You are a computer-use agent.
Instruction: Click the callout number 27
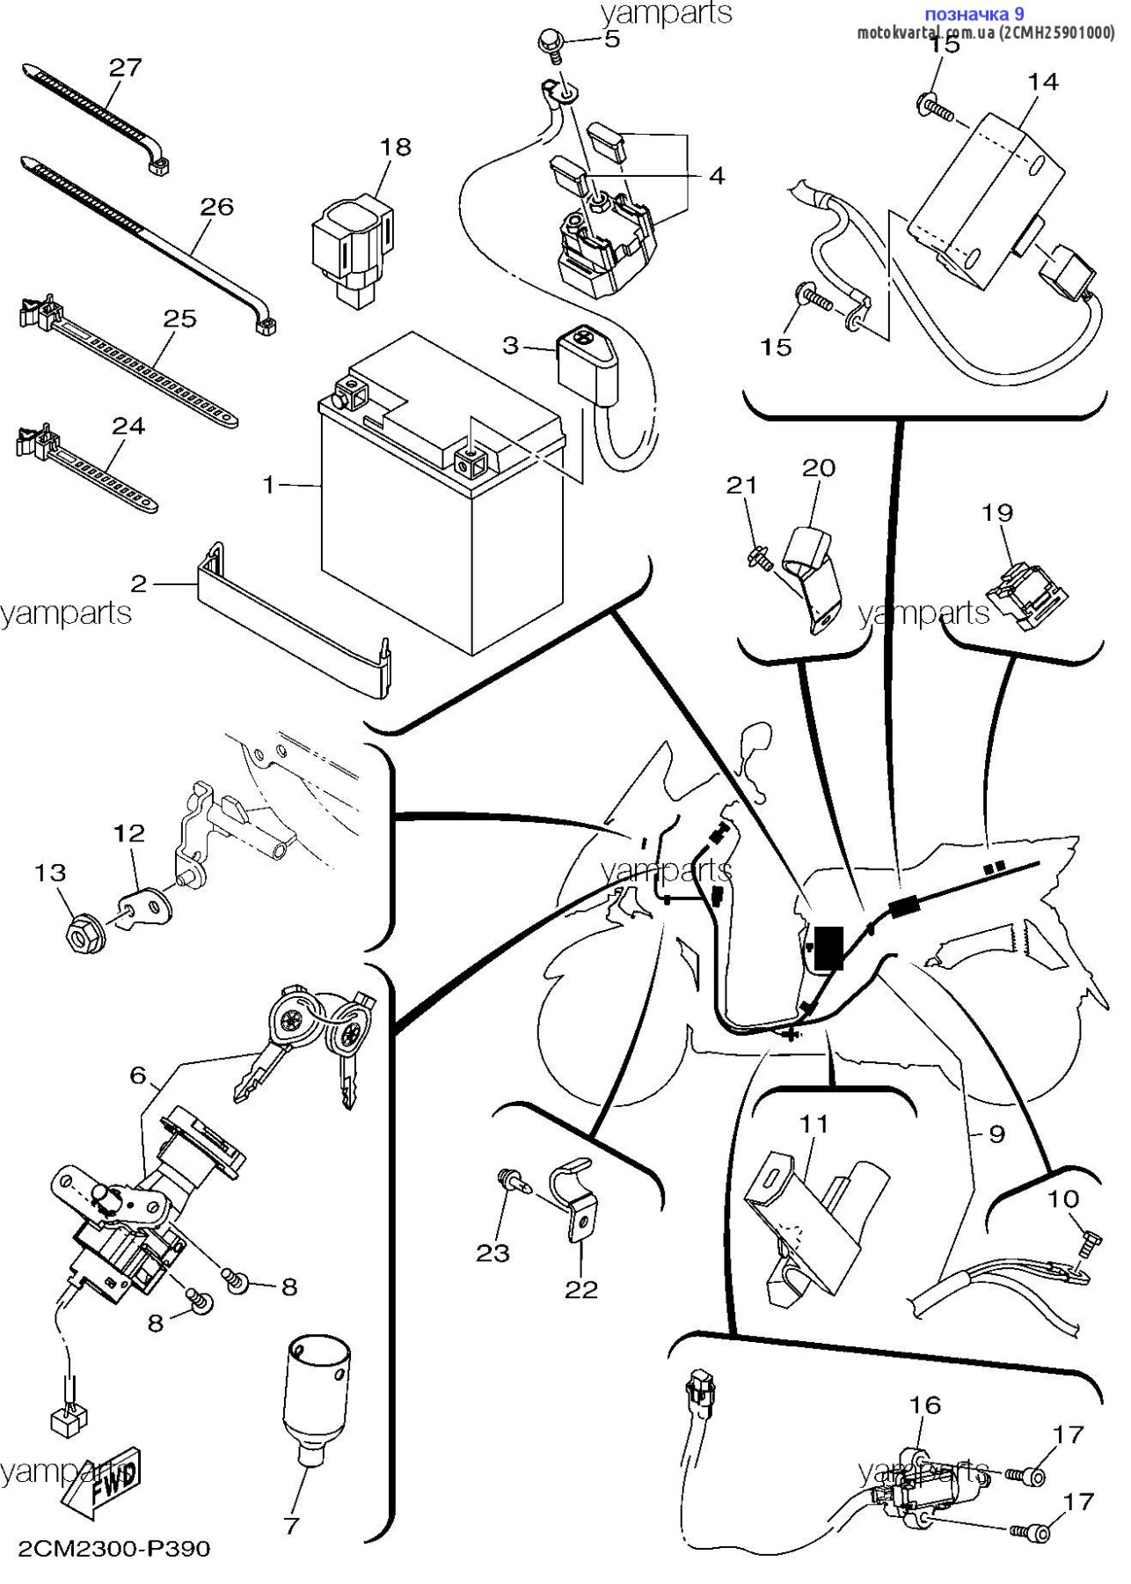[x=125, y=68]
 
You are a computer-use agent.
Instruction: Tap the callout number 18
[x=396, y=147]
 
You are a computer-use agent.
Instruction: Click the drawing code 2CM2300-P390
[x=114, y=1548]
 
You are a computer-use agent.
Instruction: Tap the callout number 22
[x=581, y=1289]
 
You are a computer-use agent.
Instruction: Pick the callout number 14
[x=1043, y=82]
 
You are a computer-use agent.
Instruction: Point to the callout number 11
[x=814, y=1124]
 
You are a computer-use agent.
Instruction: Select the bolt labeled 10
[x=1087, y=1244]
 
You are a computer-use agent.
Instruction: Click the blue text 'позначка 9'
[x=974, y=14]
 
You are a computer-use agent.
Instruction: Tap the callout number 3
[x=511, y=346]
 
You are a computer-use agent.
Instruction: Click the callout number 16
[x=925, y=1405]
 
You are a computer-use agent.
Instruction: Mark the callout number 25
[x=180, y=319]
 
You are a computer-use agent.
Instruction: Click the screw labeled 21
[x=760, y=556]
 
